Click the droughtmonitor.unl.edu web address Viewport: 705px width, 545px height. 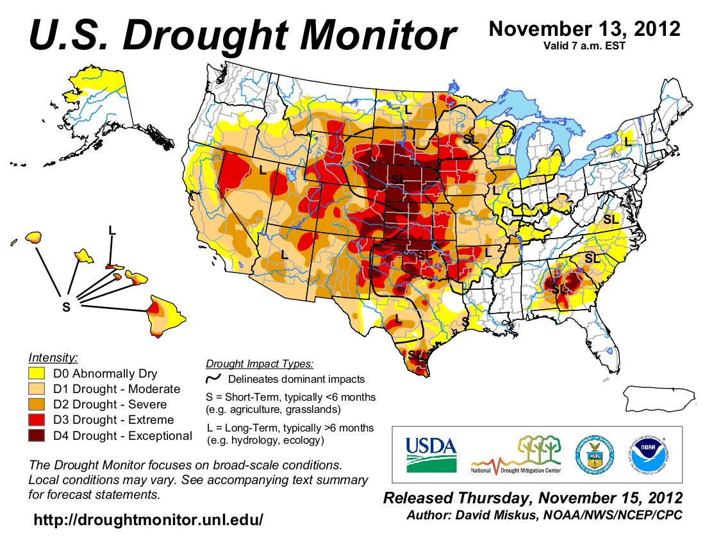pyautogui.click(x=148, y=520)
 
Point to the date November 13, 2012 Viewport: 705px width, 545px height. pyautogui.click(x=584, y=29)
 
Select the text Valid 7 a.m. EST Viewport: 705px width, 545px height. pyautogui.click(x=583, y=46)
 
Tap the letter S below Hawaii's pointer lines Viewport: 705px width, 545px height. pyautogui.click(x=66, y=308)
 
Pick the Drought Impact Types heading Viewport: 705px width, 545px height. pyautogui.click(x=260, y=364)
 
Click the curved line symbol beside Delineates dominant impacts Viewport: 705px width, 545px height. pyautogui.click(x=213, y=380)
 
